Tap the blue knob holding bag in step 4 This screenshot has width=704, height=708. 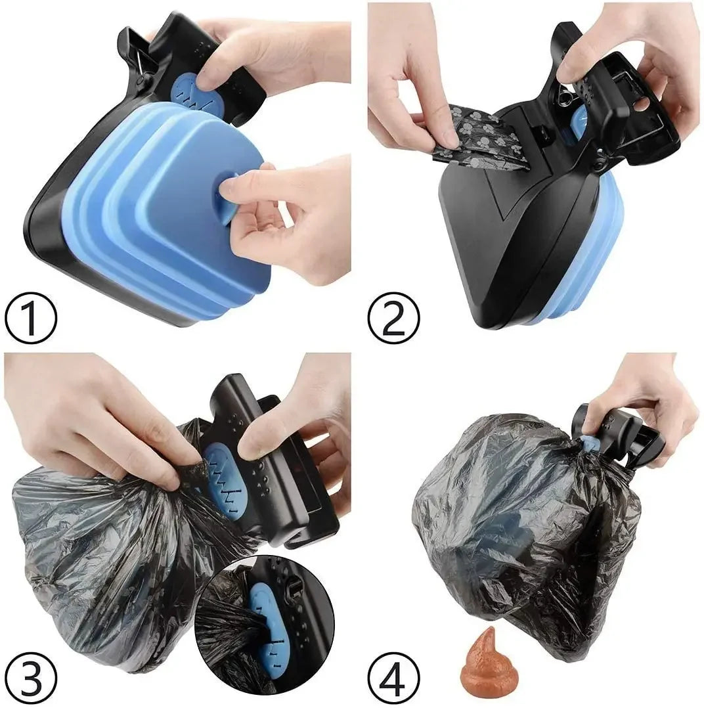(x=590, y=444)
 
